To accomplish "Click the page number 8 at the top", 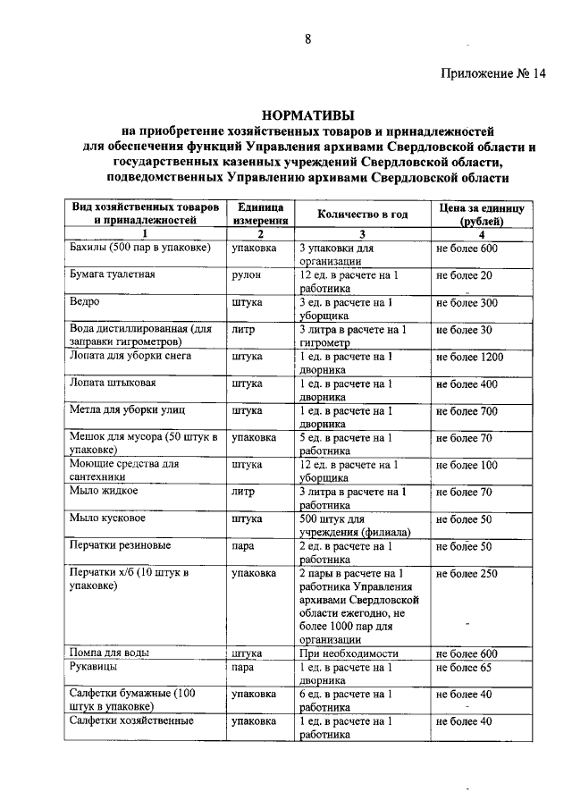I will (x=307, y=38).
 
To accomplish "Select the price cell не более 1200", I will (x=469, y=356).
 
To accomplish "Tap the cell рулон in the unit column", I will (x=246, y=274).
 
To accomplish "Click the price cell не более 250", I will (x=466, y=573).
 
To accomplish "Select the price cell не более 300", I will (x=466, y=302).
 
